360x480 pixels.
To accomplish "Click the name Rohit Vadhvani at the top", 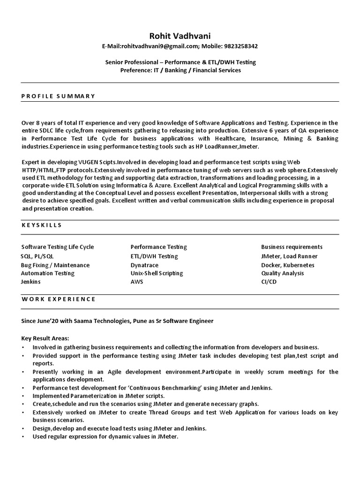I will (x=180, y=36).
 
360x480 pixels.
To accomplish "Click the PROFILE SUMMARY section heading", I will (x=58, y=96).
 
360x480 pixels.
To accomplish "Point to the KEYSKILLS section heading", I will (x=42, y=225).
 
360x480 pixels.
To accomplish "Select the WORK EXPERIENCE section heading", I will (x=59, y=299).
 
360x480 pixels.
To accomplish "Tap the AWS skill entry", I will (x=137, y=282).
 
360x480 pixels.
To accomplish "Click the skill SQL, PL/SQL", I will (x=37, y=256).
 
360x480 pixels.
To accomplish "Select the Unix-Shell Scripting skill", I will (x=157, y=273).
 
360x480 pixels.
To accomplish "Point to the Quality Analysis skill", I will (x=283, y=273).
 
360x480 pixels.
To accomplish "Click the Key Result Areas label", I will (x=45, y=338).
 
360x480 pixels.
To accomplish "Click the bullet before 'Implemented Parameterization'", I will (x=23, y=396).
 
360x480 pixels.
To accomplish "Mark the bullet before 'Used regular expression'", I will (x=23, y=436).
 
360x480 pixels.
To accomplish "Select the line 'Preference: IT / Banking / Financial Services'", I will (x=180, y=70).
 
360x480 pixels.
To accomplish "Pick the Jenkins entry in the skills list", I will (x=31, y=282).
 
